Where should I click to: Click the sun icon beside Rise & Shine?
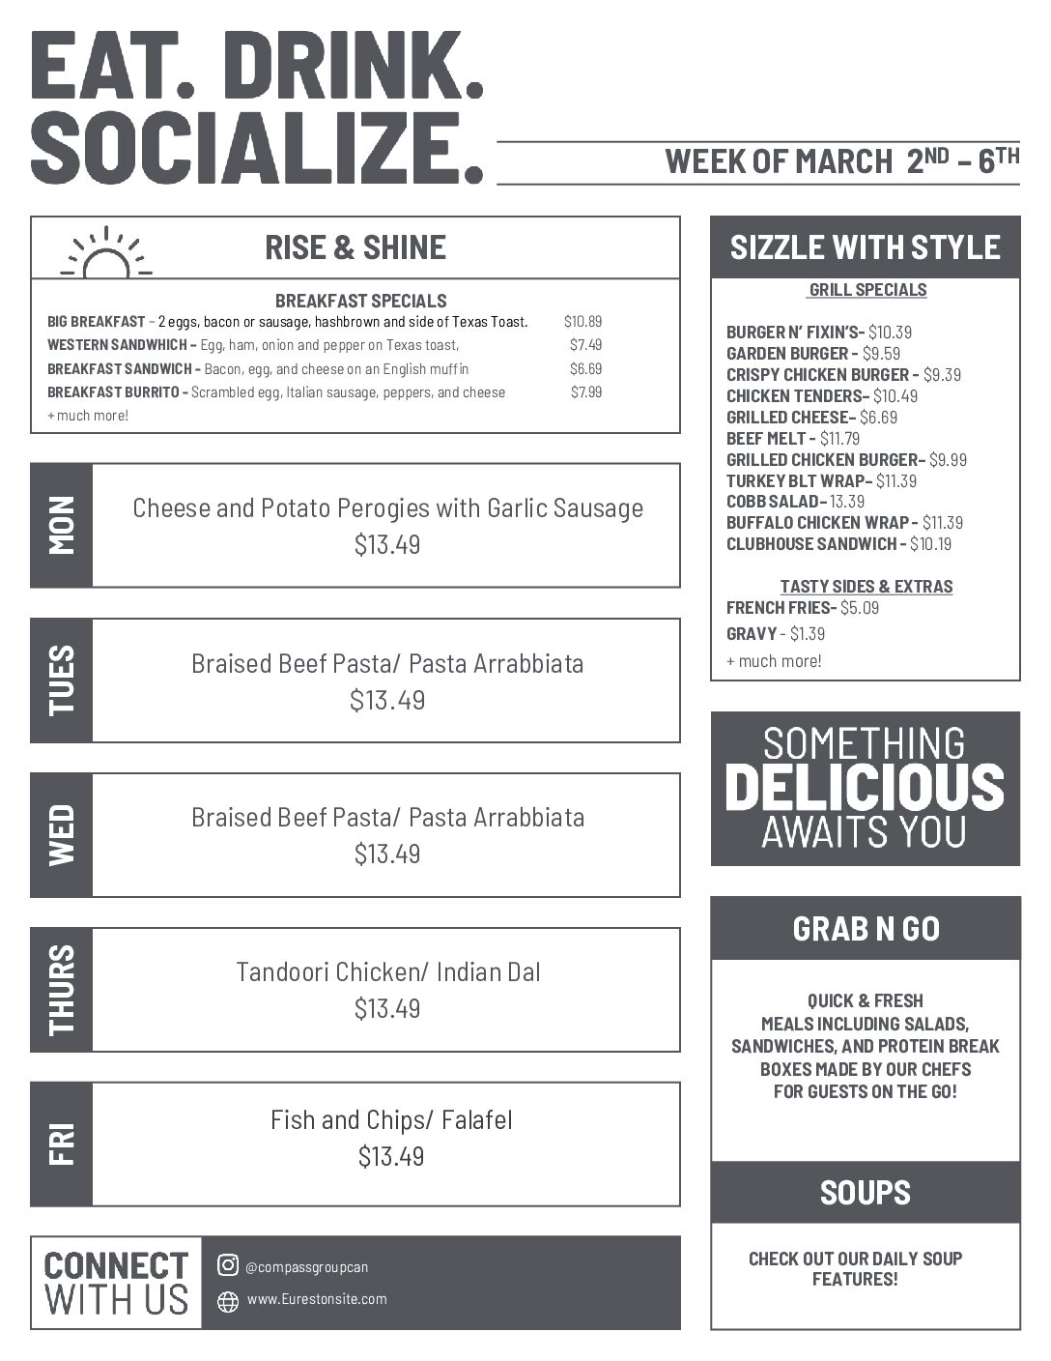[x=106, y=253]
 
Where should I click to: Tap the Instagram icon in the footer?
[x=228, y=1265]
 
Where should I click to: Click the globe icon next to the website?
[x=228, y=1301]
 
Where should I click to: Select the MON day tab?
[x=61, y=525]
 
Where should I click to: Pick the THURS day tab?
[x=61, y=989]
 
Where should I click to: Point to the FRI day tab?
[x=61, y=1144]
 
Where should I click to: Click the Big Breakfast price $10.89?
[x=582, y=322]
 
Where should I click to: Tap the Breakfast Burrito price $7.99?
[x=585, y=392]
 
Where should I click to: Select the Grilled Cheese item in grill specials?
[x=811, y=418]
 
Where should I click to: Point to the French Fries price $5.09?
[x=859, y=608]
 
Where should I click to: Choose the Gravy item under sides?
[x=752, y=634]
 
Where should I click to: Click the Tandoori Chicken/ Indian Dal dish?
[x=387, y=971]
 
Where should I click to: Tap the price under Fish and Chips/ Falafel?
[x=390, y=1156]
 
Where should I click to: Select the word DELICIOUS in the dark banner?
[x=865, y=788]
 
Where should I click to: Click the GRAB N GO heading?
[x=866, y=929]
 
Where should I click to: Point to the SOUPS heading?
[x=866, y=1193]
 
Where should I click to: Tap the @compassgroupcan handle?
[x=306, y=1267]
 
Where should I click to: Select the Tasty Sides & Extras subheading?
[x=866, y=587]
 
